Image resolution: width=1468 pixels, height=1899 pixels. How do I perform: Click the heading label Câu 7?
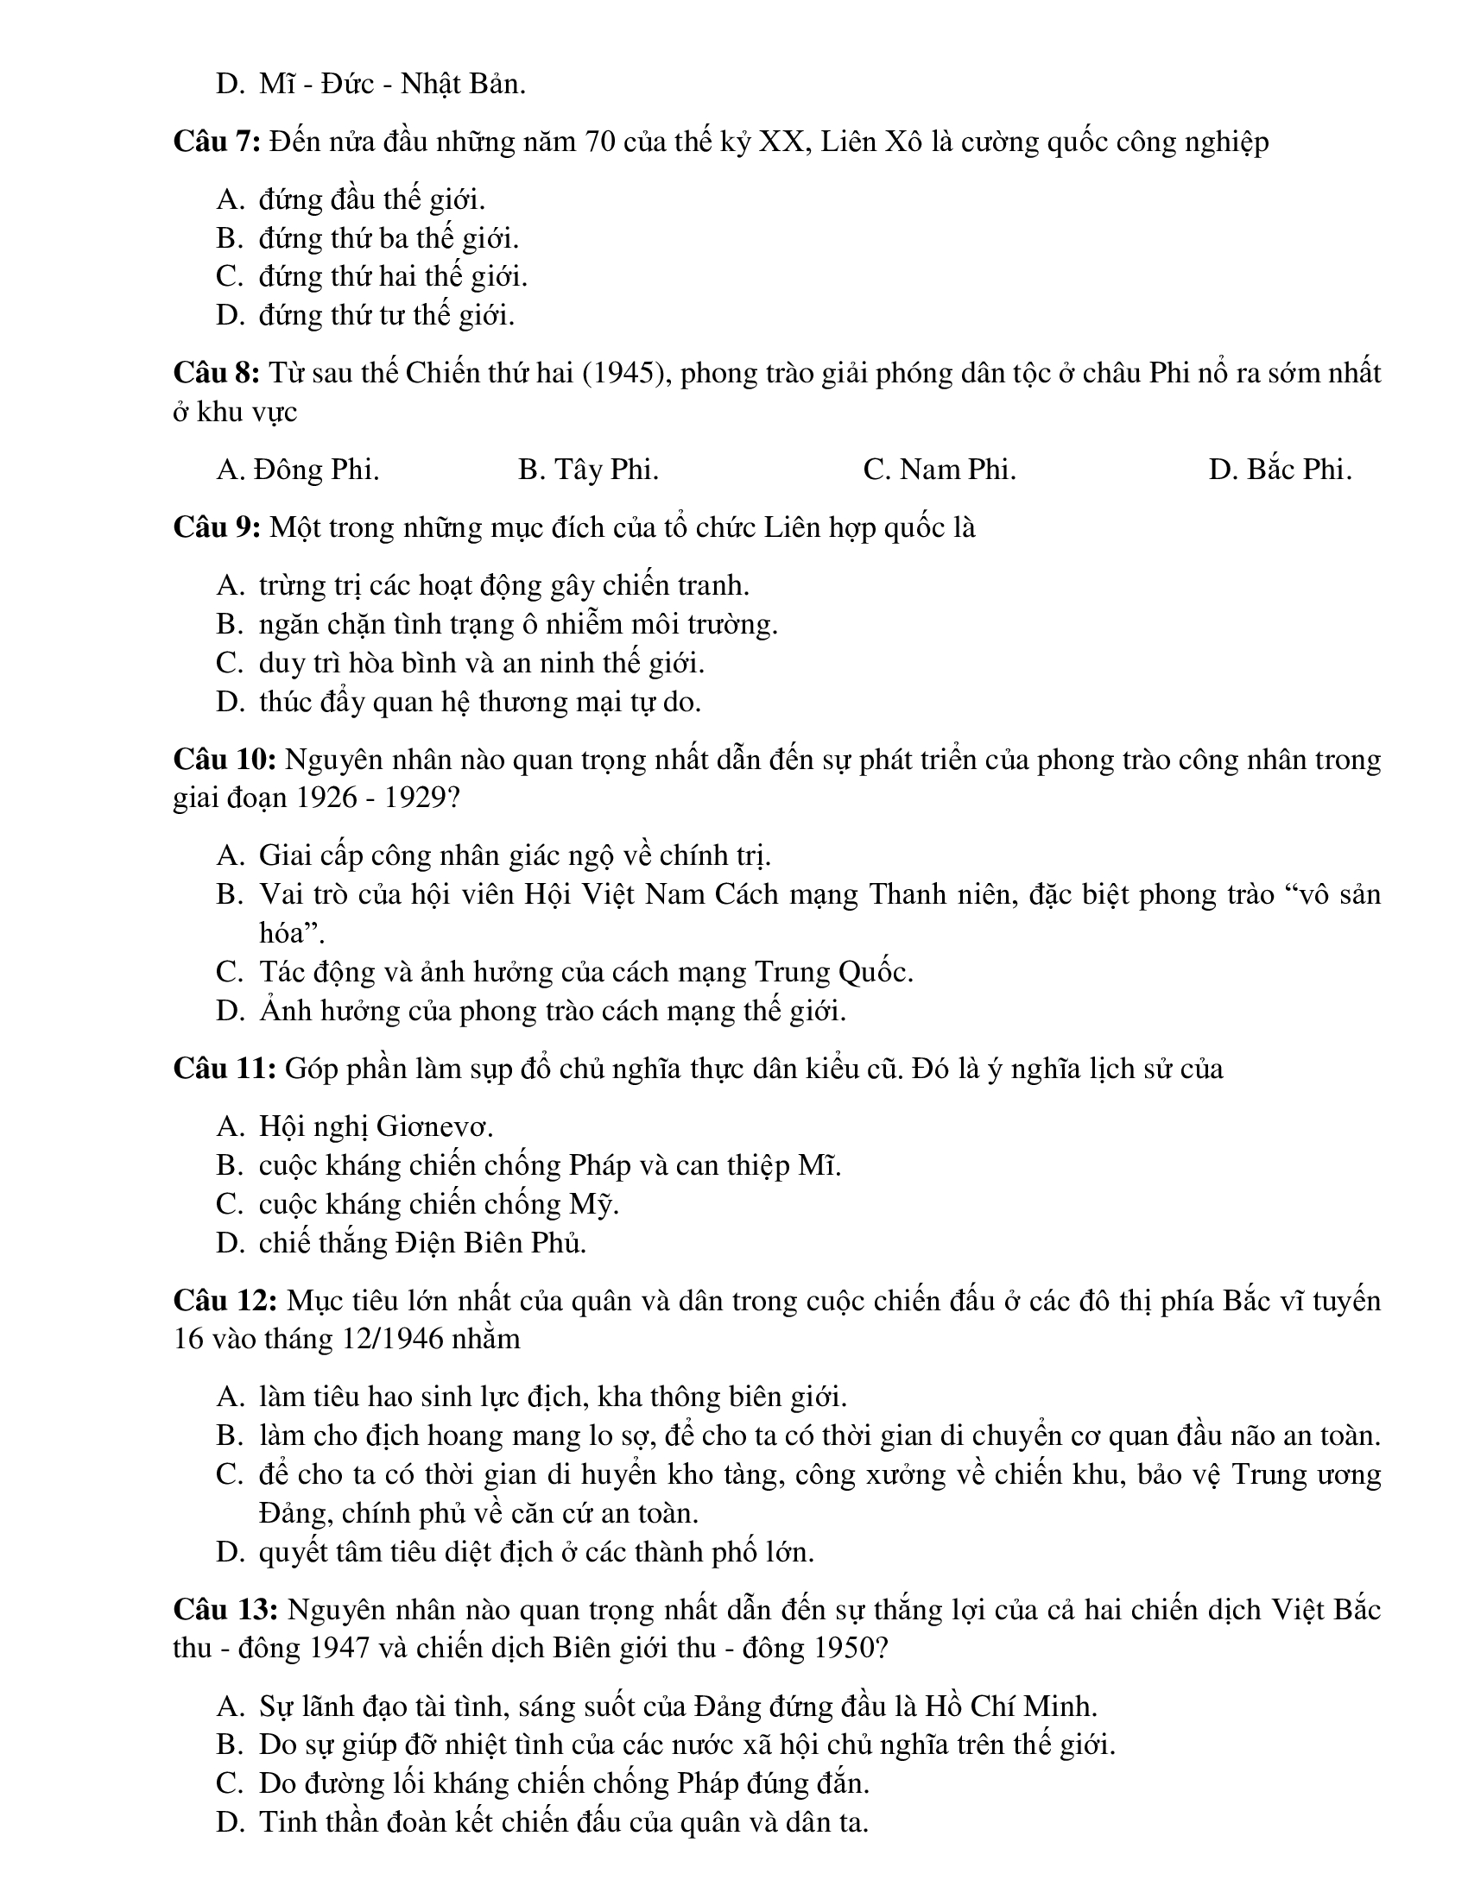217,141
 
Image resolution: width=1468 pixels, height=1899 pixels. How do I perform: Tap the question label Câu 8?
217,373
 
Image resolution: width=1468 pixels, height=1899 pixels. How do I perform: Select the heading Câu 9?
217,527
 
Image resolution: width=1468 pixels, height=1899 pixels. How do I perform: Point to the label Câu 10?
225,759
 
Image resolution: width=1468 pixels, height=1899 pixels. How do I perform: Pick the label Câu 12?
225,1301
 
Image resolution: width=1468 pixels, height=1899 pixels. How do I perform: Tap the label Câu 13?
225,1610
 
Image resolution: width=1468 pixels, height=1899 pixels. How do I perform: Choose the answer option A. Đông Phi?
297,470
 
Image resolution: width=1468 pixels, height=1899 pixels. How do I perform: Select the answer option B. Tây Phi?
588,470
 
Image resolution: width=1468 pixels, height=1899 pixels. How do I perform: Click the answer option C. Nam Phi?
940,470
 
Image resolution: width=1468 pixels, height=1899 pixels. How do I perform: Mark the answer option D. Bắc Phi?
1279,470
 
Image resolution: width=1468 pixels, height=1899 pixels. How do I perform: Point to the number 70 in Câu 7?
602,141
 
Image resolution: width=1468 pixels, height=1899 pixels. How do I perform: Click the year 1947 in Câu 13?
328,1648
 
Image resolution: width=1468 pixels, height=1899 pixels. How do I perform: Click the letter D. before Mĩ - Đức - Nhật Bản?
230,85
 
